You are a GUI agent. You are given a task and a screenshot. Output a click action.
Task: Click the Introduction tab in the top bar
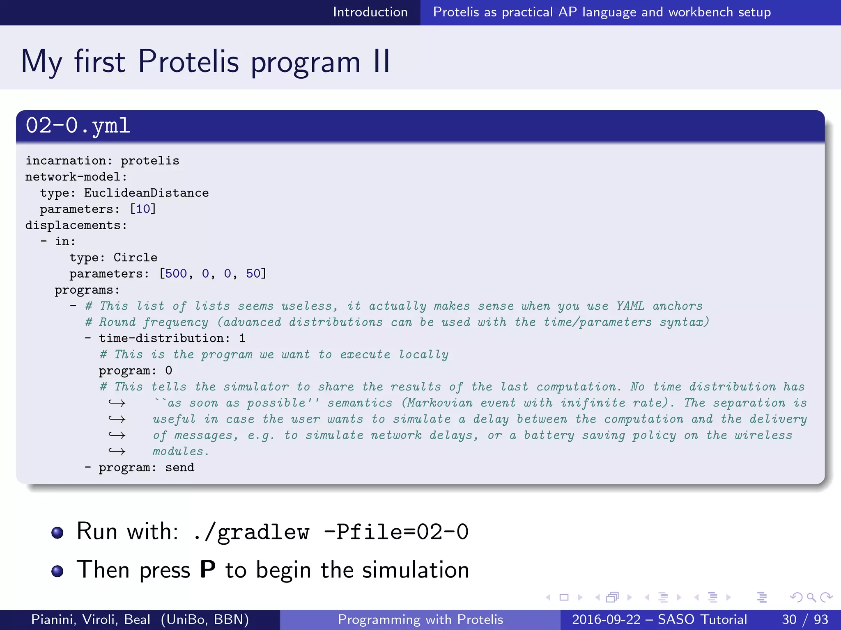(370, 12)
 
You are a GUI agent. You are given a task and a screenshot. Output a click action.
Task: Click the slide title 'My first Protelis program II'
(205, 62)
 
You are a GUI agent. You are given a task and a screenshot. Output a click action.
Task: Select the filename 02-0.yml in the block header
(78, 126)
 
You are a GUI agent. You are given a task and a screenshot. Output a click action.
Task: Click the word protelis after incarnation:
(150, 161)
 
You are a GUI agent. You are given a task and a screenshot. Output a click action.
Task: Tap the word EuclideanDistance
(146, 193)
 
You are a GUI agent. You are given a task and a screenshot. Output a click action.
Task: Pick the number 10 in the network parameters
(143, 209)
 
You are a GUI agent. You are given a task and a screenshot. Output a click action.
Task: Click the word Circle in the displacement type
(135, 258)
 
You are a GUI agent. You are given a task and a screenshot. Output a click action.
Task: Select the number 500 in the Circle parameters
(176, 274)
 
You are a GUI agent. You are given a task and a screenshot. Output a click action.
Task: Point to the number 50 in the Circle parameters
(253, 274)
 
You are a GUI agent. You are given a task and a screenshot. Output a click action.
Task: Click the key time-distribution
(162, 338)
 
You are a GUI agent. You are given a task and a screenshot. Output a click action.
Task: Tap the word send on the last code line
(179, 468)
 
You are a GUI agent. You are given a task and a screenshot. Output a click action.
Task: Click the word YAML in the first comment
(630, 306)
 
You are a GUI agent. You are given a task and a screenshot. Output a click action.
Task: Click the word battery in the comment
(549, 436)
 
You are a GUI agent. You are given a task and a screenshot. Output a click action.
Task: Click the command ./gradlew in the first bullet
(251, 532)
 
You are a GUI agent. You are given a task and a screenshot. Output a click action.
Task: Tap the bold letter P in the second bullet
(207, 570)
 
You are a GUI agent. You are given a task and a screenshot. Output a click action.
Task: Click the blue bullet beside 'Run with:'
(57, 532)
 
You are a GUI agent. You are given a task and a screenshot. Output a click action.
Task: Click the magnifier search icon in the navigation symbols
(811, 598)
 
